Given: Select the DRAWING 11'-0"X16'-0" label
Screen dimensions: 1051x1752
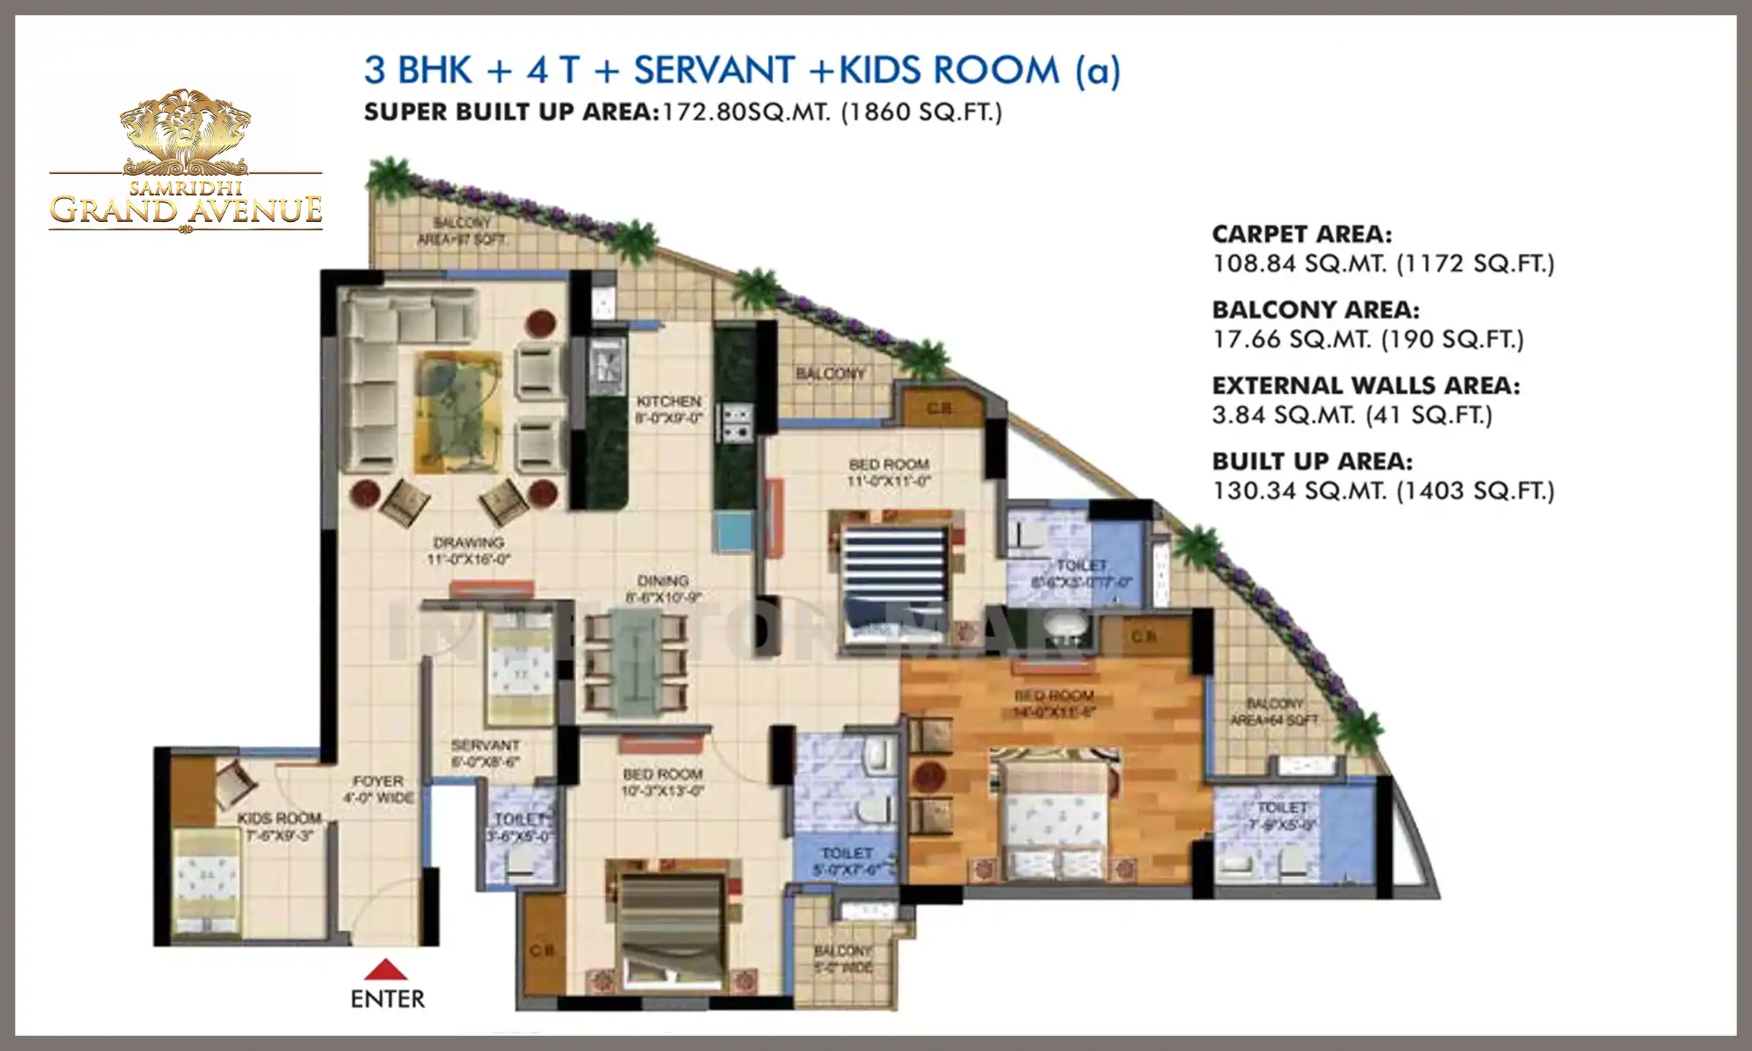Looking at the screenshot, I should [x=469, y=551].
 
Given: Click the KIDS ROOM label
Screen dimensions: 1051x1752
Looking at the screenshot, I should [x=279, y=827].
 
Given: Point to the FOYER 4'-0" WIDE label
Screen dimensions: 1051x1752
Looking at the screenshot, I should [x=378, y=790].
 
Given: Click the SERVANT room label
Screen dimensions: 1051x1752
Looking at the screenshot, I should [x=485, y=753].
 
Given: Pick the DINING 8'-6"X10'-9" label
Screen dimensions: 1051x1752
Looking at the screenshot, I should [x=663, y=588].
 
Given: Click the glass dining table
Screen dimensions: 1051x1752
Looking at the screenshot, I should [x=634, y=661].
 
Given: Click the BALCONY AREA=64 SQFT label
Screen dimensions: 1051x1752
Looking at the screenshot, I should [x=1275, y=712].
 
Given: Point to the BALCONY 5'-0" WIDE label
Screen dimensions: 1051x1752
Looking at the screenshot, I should [x=843, y=959].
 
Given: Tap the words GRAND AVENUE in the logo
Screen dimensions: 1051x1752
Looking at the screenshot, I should [x=185, y=210].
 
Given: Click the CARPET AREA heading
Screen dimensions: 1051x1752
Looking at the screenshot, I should [x=1302, y=234].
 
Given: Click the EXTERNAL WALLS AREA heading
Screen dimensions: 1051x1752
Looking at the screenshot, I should [x=1366, y=385].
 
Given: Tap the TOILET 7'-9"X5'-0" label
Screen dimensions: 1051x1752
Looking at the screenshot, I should [x=1282, y=816].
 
